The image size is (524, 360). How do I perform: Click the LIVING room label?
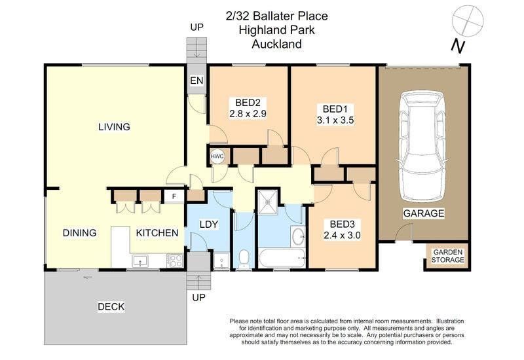coord(114,127)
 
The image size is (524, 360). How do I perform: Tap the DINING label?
coord(80,233)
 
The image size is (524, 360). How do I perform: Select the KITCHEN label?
coord(157,233)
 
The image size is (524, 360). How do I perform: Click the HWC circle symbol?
coord(217,156)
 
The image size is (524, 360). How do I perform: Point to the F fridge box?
coord(174,196)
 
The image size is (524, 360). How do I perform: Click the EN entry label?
coord(196,81)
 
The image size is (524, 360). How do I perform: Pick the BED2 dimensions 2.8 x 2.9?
coord(248,113)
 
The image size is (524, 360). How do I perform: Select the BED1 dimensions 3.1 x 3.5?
coord(334,120)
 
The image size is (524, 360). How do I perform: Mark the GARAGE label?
coord(424,213)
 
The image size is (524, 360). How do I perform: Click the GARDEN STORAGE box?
coord(447,256)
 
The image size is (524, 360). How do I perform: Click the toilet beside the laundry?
coord(242,259)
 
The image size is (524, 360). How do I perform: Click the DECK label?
coord(111,306)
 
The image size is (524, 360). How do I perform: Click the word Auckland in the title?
coord(276,45)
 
